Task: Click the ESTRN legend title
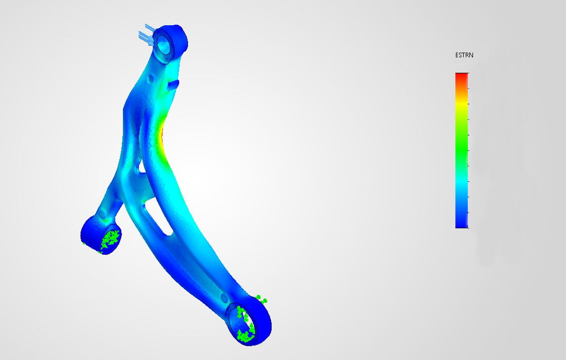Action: [464, 55]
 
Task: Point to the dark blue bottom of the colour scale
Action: [462, 225]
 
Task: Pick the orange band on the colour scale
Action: [462, 90]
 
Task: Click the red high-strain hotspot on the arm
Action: [162, 134]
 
